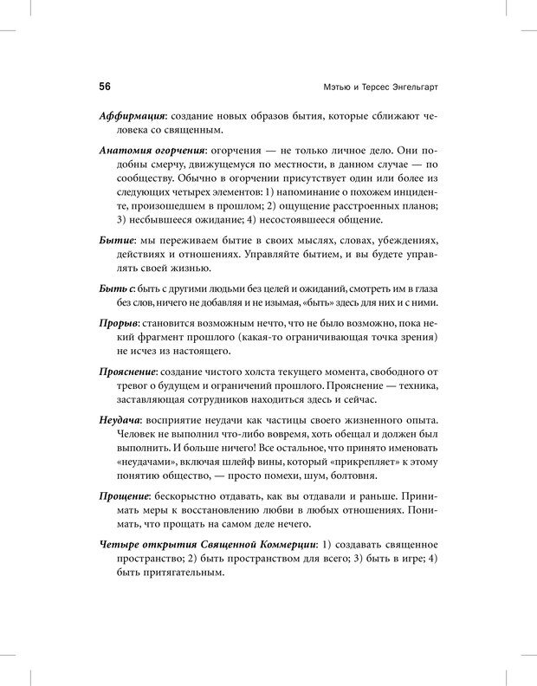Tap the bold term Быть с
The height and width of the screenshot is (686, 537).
click(118, 288)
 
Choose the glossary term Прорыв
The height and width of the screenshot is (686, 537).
click(119, 321)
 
